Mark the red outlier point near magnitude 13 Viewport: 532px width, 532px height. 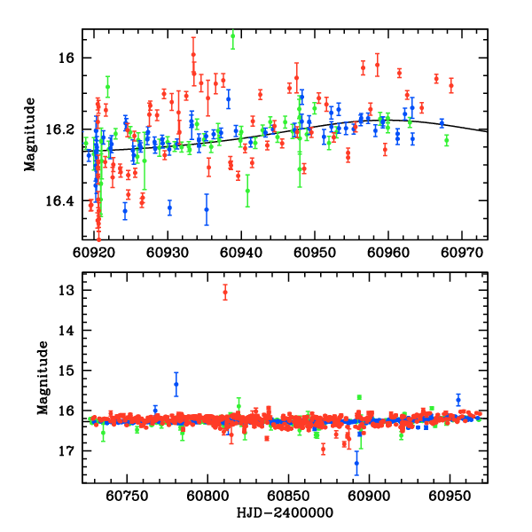225,292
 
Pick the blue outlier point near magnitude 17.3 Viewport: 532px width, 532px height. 356,463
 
